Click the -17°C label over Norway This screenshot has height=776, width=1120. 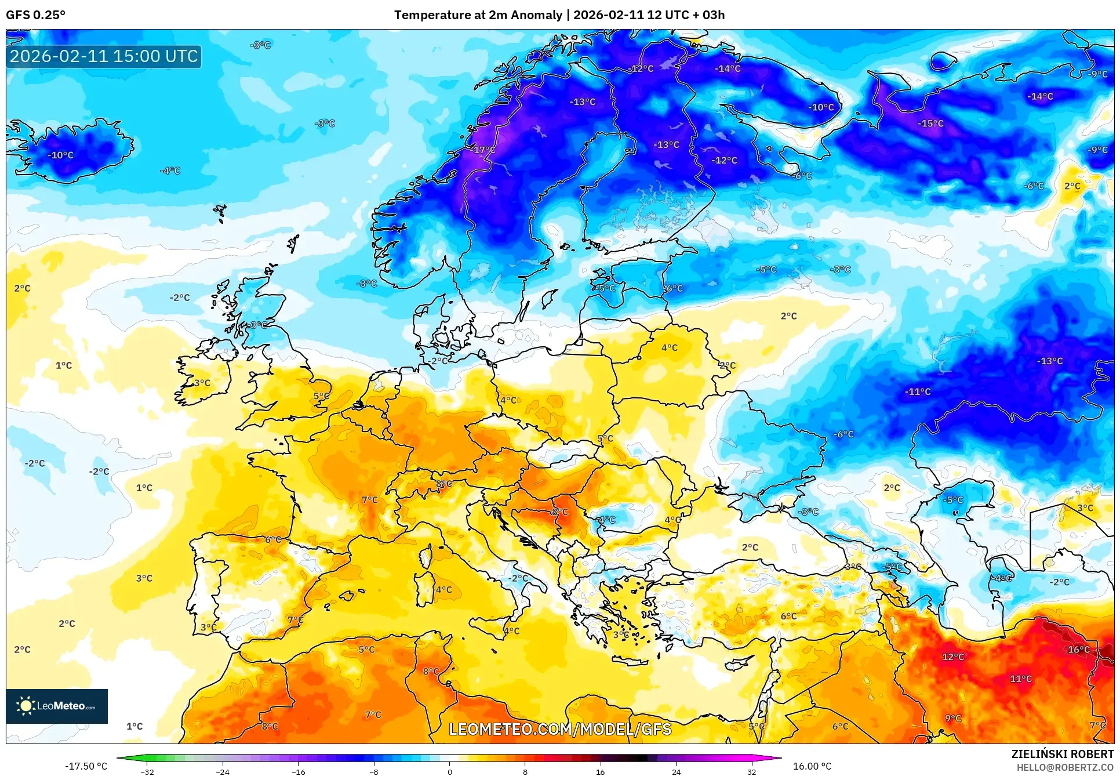coord(483,150)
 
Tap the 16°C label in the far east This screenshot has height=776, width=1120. coord(1078,650)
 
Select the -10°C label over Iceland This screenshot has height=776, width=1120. coord(60,155)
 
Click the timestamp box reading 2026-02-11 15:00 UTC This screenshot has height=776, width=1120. coord(104,56)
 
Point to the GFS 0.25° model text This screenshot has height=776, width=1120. coord(35,15)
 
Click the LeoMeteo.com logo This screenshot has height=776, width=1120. coord(57,706)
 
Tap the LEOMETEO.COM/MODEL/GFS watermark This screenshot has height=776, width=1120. coord(560,729)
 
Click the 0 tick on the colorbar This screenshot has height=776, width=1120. coord(449,771)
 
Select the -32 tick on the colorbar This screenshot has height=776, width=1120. coord(147,771)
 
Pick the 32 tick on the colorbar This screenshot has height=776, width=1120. coord(751,771)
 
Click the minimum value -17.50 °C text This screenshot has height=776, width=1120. coord(86,766)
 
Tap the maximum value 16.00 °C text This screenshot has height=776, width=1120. coord(812,766)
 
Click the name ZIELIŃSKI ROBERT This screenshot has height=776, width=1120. coord(1062,754)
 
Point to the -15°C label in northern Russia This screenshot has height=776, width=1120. coord(930,124)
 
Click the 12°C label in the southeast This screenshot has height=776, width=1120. coord(953,657)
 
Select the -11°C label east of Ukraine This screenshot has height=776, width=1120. coord(917,391)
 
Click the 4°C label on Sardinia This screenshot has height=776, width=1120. coord(443,589)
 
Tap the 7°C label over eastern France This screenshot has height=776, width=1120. coord(369,499)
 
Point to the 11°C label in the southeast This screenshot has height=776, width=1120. coord(1020,679)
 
